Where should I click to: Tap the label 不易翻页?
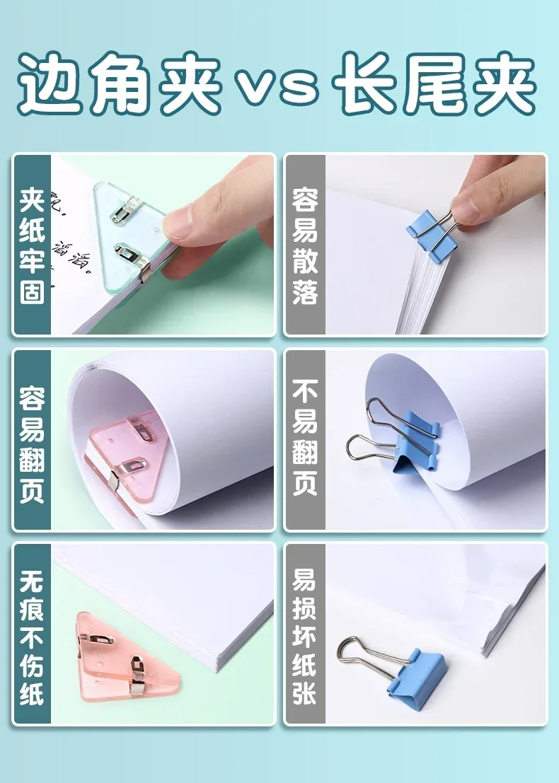(305, 438)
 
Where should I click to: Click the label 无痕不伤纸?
(32, 633)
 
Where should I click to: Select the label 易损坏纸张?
(305, 633)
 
